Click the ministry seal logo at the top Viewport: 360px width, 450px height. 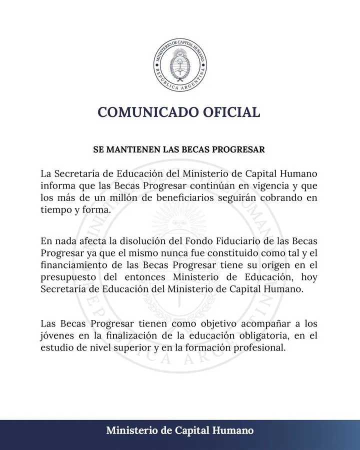(179, 64)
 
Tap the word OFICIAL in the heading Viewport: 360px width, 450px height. (230, 112)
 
